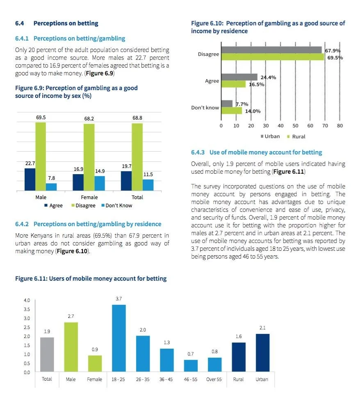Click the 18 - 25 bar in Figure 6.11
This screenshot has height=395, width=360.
click(x=118, y=338)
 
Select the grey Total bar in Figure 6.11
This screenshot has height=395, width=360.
click(x=47, y=354)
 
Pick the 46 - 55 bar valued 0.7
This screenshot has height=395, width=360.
click(x=191, y=366)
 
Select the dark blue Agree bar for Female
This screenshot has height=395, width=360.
click(x=78, y=182)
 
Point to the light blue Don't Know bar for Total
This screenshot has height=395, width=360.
click(x=148, y=185)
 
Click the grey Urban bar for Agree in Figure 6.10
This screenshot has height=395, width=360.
click(x=239, y=77)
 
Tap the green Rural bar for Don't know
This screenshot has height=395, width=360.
click(x=231, y=111)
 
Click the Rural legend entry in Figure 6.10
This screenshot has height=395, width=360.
click(x=298, y=136)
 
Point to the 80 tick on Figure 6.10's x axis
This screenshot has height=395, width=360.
click(x=340, y=126)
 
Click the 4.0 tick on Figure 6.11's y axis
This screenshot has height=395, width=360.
click(x=27, y=300)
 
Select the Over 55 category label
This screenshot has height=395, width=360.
click(x=214, y=379)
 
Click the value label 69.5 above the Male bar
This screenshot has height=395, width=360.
click(x=41, y=118)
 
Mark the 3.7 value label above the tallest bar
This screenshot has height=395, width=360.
click(x=118, y=299)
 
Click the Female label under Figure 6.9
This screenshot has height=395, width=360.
click(x=89, y=197)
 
